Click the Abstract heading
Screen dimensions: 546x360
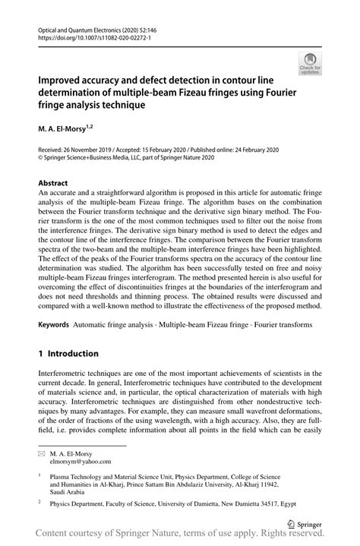[53, 183]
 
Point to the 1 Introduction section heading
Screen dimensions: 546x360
[68, 353]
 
